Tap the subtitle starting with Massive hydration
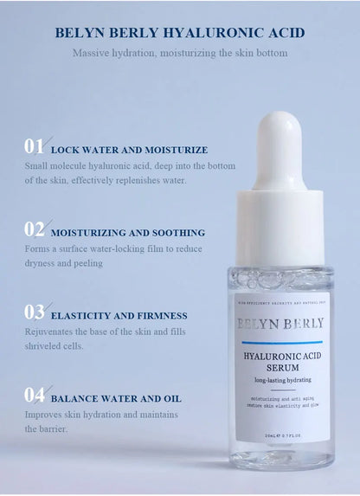pyautogui.click(x=180, y=53)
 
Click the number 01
pyautogui.click(x=34, y=146)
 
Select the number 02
pyautogui.click(x=35, y=229)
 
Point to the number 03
pyautogui.click(x=35, y=312)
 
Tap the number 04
pyautogui.click(x=35, y=396)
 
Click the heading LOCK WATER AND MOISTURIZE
pyautogui.click(x=129, y=150)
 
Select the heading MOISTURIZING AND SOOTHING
pyautogui.click(x=128, y=233)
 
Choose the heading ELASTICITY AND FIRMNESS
pyautogui.click(x=119, y=316)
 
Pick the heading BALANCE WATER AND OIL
pyautogui.click(x=116, y=399)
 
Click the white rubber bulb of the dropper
pyautogui.click(x=278, y=147)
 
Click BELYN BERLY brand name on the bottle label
pyautogui.click(x=280, y=324)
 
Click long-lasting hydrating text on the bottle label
pyautogui.click(x=282, y=380)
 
